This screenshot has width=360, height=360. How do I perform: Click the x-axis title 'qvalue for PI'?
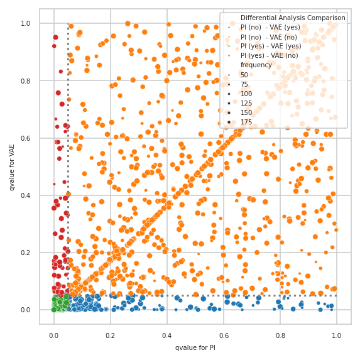(195, 347)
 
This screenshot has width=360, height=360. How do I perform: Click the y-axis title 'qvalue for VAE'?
(12, 166)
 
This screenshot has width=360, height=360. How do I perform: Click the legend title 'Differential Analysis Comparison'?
(293, 18)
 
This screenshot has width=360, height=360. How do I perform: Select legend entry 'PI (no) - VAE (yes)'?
(271, 27)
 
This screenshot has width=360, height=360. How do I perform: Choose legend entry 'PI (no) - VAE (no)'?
(270, 36)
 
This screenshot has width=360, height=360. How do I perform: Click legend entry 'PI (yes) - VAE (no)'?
(271, 55)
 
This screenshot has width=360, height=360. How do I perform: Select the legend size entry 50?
(244, 75)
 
